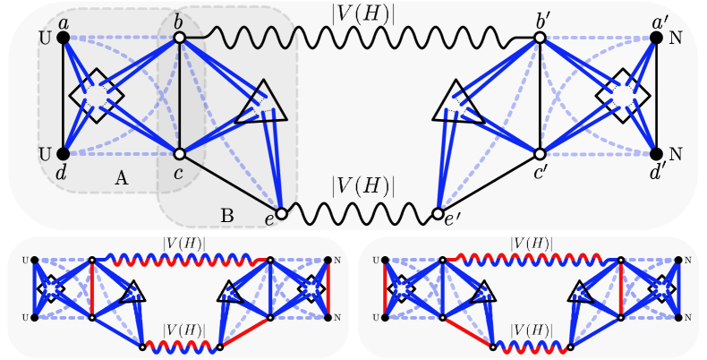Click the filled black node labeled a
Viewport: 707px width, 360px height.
point(63,39)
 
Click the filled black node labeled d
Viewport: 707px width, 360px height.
point(63,154)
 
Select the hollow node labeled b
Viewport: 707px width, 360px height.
point(179,39)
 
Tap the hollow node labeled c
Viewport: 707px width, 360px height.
point(179,154)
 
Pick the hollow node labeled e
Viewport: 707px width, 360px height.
point(281,214)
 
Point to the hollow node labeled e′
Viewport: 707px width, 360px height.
point(437,214)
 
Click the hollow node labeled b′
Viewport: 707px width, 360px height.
point(540,39)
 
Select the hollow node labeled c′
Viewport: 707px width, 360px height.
point(540,154)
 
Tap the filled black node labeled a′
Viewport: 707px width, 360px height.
point(655,39)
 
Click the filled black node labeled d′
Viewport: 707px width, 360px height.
point(655,154)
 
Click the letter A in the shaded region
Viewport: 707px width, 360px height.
point(122,178)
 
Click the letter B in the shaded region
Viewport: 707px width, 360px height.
point(226,215)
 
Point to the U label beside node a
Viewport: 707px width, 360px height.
point(43,39)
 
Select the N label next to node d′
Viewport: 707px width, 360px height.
point(676,154)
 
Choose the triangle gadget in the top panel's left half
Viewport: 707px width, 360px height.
point(261,103)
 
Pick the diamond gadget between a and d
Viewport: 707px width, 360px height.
point(97,96)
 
